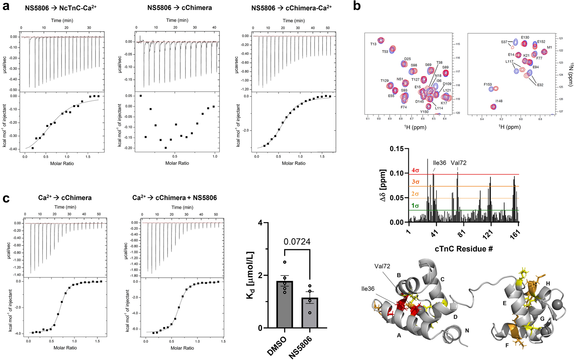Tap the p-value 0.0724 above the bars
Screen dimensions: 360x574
pos(297,242)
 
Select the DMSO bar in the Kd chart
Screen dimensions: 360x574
pos(284,304)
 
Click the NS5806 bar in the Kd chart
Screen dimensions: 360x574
pos(310,312)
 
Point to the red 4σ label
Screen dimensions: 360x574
pos(415,170)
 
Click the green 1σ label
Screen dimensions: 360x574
pos(415,206)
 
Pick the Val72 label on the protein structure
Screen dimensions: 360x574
pos(382,266)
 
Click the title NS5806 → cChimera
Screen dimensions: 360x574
pos(180,8)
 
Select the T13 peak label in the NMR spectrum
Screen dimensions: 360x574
pos(373,44)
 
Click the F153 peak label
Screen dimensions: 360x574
pos(488,84)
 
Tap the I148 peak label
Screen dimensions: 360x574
pos(499,101)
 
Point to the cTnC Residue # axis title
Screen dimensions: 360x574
pos(464,249)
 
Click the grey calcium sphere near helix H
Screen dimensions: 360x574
pos(557,305)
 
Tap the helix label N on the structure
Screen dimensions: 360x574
pos(467,331)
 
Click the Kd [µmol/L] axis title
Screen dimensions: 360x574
pos(250,275)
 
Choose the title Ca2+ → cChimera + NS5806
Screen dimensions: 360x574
pos(174,197)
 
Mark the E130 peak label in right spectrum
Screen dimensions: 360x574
pos(525,38)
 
